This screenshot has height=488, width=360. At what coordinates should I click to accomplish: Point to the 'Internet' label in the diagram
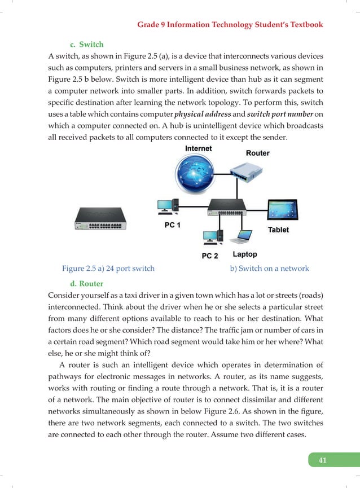click(x=199, y=148)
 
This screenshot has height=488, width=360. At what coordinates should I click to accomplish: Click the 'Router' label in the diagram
click(x=257, y=153)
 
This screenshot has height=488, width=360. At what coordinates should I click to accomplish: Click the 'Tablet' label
click(x=278, y=230)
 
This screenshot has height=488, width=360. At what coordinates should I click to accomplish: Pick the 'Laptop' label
click(x=244, y=254)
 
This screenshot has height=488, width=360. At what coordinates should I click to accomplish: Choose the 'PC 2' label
click(x=210, y=256)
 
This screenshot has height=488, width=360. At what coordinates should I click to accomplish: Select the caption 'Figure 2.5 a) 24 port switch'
click(x=108, y=269)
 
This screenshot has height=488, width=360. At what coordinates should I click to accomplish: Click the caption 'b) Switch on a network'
click(x=269, y=269)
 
